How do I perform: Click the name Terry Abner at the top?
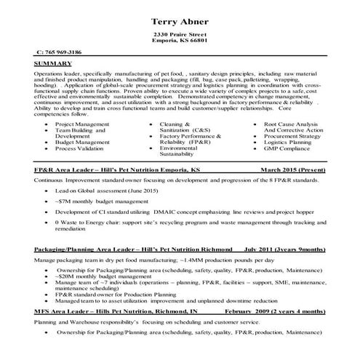tap(178, 20)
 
